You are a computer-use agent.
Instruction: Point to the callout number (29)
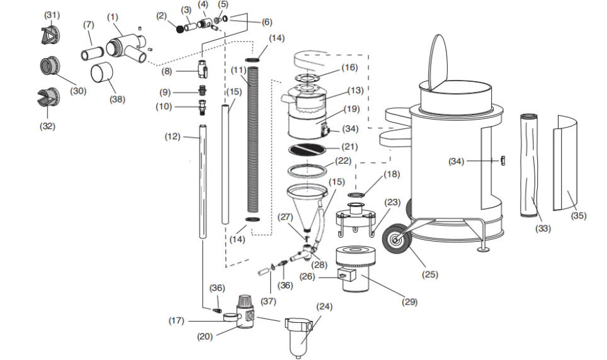tap(410, 301)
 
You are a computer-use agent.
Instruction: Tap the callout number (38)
tap(116, 99)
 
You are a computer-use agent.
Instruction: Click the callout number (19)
tap(351, 108)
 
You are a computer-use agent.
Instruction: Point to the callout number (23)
tap(392, 202)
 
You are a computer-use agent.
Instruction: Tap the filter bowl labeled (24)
tap(299, 337)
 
